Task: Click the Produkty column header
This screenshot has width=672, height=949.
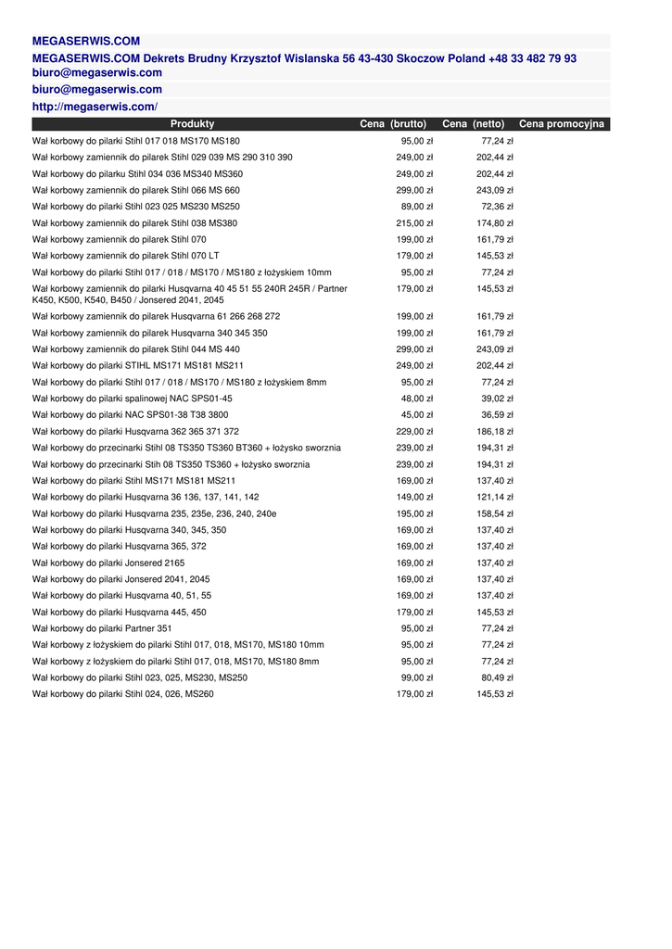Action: [x=192, y=124]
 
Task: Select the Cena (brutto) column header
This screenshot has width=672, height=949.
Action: [x=393, y=124]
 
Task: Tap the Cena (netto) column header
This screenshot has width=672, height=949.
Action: [x=474, y=124]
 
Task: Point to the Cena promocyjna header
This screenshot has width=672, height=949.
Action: [x=562, y=124]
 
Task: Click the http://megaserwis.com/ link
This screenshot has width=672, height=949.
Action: [x=95, y=108]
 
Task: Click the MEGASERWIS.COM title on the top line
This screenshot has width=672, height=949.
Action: [x=86, y=41]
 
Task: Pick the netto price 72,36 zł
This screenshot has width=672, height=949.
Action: [x=497, y=207]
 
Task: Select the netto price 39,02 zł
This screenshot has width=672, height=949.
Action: [x=497, y=399]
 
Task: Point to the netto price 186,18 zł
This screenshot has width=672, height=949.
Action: [x=495, y=432]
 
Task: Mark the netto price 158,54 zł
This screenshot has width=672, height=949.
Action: [x=495, y=513]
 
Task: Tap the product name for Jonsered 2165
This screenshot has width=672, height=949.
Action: [x=108, y=563]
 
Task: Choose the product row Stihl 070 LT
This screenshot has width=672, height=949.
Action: [x=126, y=256]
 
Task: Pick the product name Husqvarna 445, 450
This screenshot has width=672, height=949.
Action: [x=120, y=612]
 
